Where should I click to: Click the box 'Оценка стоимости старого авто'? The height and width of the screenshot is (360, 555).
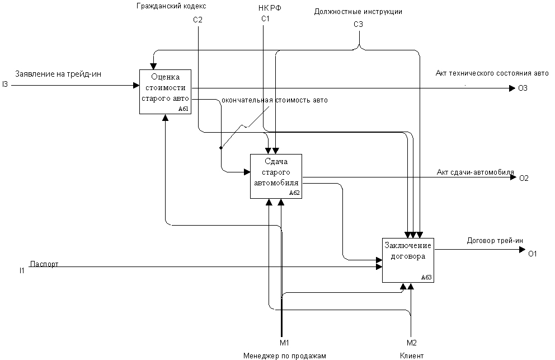[165, 91]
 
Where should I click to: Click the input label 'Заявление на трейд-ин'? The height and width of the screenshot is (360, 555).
[58, 74]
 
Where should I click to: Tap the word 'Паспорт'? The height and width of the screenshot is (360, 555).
[44, 264]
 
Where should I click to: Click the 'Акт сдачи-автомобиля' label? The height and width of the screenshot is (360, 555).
[475, 172]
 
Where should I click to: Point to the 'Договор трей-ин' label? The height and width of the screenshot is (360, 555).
[495, 241]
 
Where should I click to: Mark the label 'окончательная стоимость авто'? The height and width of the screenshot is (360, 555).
[275, 100]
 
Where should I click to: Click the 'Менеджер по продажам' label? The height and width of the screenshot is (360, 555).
[284, 356]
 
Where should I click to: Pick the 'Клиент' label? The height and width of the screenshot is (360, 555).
[411, 356]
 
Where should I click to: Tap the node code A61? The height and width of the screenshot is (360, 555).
[184, 109]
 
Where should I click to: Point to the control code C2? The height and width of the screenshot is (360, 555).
[197, 20]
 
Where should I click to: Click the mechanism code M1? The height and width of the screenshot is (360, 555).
[284, 342]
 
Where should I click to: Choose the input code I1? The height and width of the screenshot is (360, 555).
[21, 271]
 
